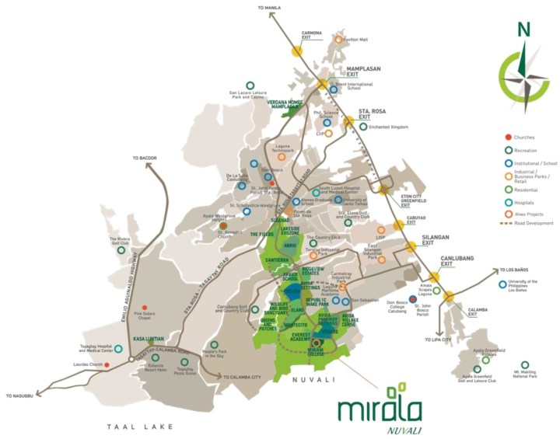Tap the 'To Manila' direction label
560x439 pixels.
pyautogui.click(x=268, y=7)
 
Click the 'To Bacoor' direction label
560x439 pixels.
pyautogui.click(x=145, y=158)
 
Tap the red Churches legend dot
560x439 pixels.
pyautogui.click(x=508, y=138)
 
